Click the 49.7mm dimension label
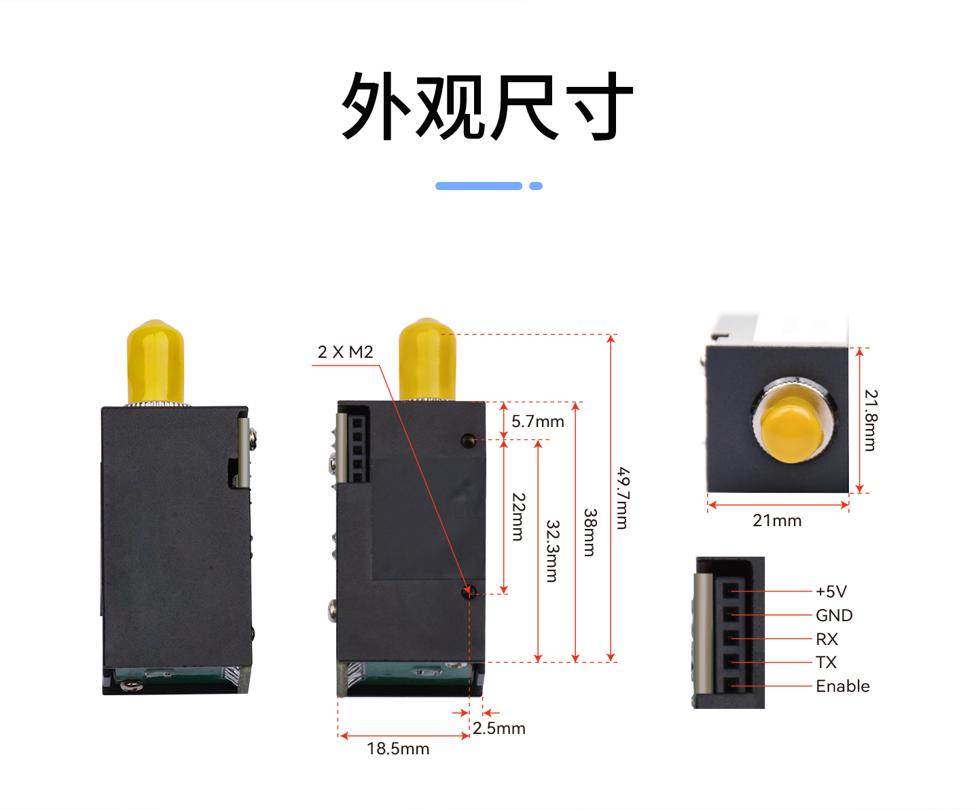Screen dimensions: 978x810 pos(623,498)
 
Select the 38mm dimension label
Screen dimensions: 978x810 pos(590,532)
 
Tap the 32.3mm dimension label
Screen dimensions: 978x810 pos(553,551)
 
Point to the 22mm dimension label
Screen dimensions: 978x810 pos(518,517)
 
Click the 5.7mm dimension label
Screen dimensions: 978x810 pos(538,422)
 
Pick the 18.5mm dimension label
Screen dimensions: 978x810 pos(398,749)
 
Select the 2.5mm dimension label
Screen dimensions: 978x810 pos(499,729)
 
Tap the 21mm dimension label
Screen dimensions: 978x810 pos(777,521)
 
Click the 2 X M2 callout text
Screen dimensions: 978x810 pos(345,352)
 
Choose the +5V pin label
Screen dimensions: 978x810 pos(831,592)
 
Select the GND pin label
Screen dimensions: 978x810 pos(834,616)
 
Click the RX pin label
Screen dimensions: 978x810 pos(827,639)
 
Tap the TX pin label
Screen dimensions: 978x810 pos(827,663)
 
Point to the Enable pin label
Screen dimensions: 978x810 pos(843,686)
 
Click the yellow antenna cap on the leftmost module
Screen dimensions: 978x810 pos(156,361)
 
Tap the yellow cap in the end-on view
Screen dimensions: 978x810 pos(792,434)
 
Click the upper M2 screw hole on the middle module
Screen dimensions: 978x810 pos(468,440)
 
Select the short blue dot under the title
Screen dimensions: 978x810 pos(536,186)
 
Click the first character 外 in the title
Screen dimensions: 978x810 pos(376,106)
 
